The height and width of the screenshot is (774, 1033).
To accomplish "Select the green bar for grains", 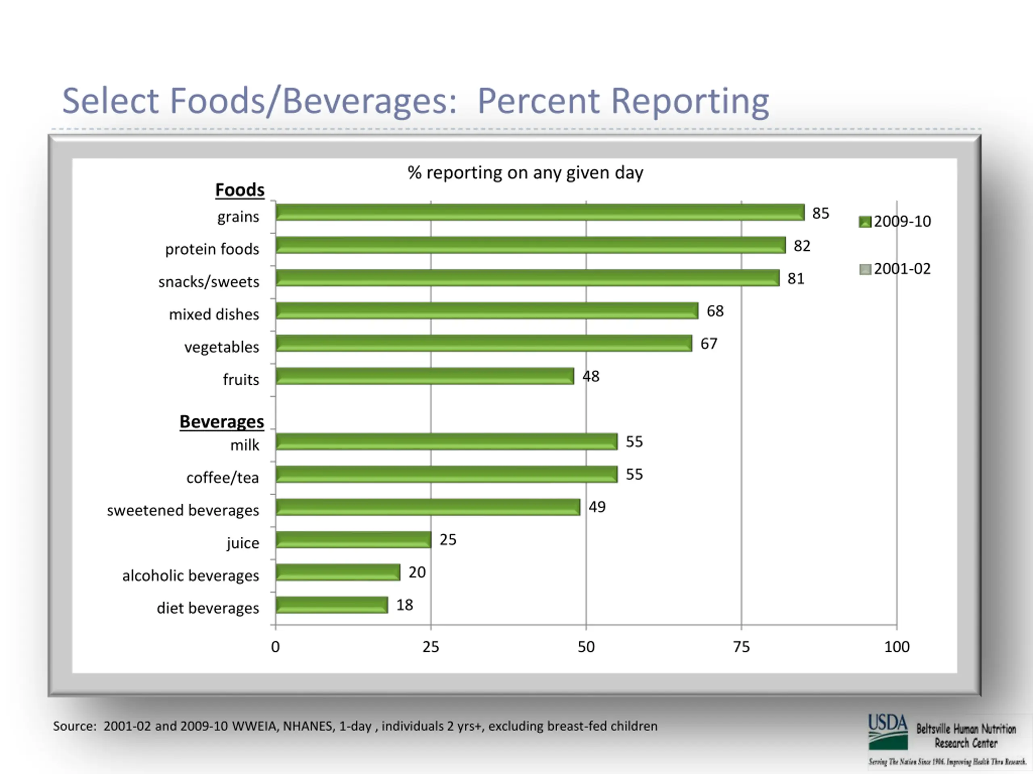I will point(540,212).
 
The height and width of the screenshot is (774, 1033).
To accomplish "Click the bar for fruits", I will point(424,376).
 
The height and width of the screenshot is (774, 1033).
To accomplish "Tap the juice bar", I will point(353,540).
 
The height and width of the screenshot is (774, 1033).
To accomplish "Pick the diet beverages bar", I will point(332,605).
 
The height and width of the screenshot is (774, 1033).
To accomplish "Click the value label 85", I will point(820,213).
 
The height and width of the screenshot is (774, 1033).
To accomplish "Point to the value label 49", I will point(597,507).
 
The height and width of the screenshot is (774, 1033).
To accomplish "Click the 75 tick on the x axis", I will point(741,647).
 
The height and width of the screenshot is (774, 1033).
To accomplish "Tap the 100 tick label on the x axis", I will point(897,647).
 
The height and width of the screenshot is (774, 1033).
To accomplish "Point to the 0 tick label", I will point(276,647).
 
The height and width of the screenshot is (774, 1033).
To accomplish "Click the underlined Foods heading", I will point(240,190).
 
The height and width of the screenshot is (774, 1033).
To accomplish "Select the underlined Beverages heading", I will point(222,421).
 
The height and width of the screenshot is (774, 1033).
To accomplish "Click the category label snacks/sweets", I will point(209,282).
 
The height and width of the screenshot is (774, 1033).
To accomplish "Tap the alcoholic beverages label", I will point(190,576).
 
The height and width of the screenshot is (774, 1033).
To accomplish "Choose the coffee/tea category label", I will point(222,478).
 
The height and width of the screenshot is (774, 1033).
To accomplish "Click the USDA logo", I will point(888,731).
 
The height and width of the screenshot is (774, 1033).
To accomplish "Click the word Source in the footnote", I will point(74,726).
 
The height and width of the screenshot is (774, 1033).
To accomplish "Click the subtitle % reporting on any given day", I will point(525,173).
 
